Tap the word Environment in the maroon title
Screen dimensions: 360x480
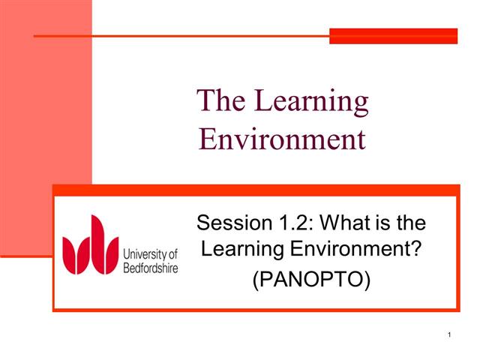(x=282, y=139)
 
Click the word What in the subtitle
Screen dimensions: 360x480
(x=339, y=223)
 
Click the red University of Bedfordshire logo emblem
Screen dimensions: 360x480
(x=90, y=245)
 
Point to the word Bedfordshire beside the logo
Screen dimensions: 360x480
(x=150, y=268)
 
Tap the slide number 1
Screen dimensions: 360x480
(x=448, y=334)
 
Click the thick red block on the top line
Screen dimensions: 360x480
(x=393, y=35)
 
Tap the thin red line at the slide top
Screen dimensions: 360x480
(x=180, y=35)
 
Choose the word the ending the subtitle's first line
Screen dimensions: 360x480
(x=410, y=223)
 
